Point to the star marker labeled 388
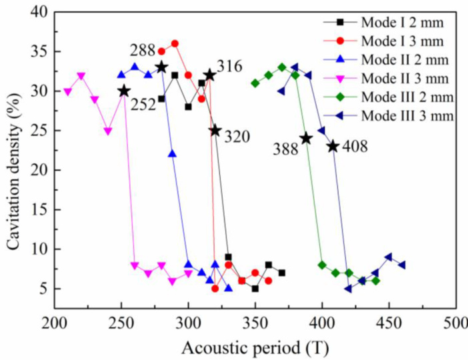(x=306, y=138)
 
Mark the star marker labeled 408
(x=333, y=146)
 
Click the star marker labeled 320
(x=215, y=130)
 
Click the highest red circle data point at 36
(x=175, y=43)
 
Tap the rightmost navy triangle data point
(x=402, y=265)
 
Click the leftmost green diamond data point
(x=255, y=83)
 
